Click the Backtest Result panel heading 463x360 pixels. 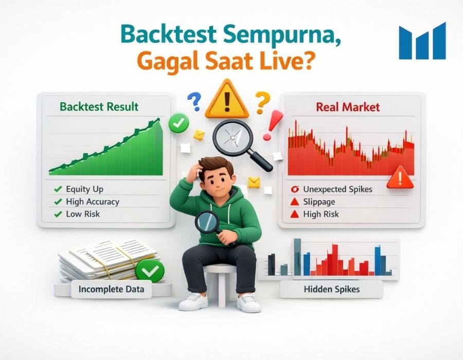click(x=99, y=107)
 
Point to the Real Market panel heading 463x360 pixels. click(x=348, y=107)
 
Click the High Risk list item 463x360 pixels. click(x=321, y=214)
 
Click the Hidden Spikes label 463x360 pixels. click(x=332, y=290)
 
